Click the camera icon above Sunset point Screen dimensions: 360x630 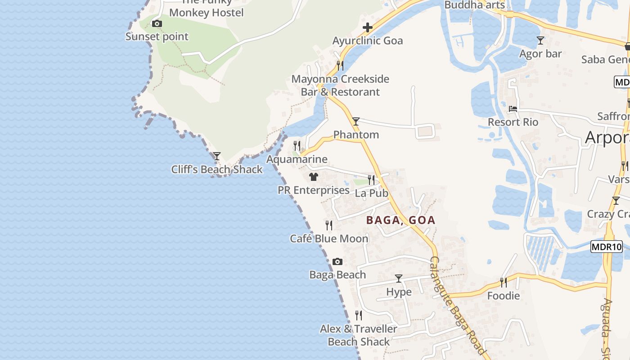pos(157,23)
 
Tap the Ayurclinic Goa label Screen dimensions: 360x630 pos(368,41)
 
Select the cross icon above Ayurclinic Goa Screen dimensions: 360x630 pos(368,27)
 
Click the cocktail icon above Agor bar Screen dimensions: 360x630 pos(540,40)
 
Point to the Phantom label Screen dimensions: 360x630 pos(356,135)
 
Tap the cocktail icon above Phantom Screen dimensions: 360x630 pos(356,121)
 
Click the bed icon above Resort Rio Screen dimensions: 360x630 pos(513,109)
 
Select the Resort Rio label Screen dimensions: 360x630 pos(513,122)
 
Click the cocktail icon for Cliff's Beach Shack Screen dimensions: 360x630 pos(217,156)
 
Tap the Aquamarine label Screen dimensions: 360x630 pos(297,159)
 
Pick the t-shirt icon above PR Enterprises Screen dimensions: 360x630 pos(314,177)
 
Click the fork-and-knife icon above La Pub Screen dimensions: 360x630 pos(371,180)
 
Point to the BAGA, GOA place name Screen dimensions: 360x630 pos(400,220)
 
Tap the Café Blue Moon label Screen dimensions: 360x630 pos(329,238)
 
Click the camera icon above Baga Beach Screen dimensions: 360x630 pos(337,261)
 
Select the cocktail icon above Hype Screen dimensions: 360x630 pos(399,279)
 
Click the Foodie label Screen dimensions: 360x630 pos(504,296)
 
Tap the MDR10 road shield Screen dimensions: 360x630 pos(606,247)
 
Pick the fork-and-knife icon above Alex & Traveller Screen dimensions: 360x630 pos(359,315)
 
